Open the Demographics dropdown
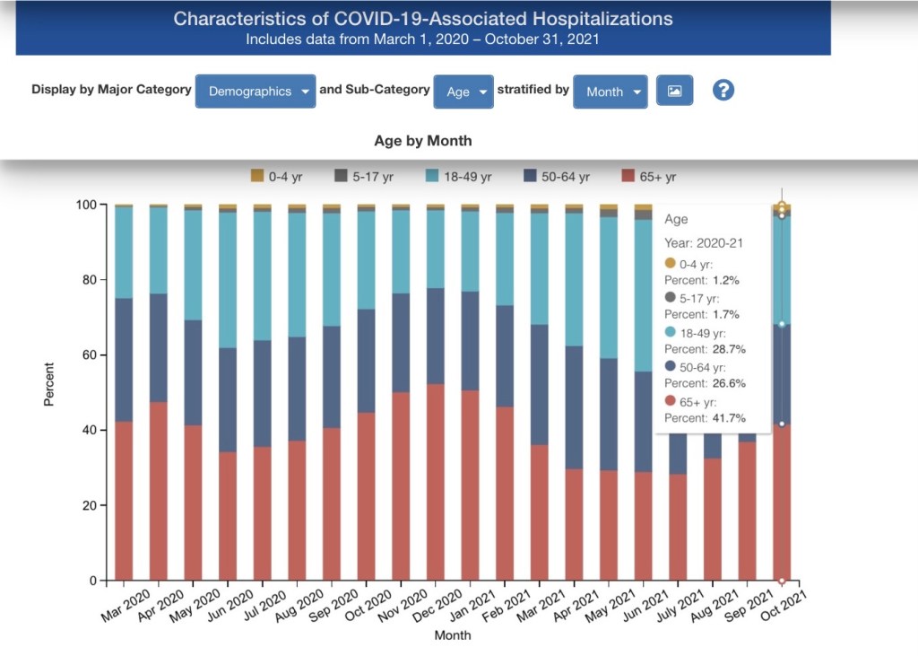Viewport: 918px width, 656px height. point(255,92)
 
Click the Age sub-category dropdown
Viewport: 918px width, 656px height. point(463,92)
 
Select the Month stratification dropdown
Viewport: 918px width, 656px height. point(611,92)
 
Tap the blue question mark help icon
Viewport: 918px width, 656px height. point(723,90)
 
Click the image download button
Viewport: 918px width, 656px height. point(675,91)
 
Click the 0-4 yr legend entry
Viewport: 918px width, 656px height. point(279,177)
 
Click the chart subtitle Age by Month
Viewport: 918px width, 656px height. point(422,141)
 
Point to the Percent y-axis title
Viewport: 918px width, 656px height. point(49,384)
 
